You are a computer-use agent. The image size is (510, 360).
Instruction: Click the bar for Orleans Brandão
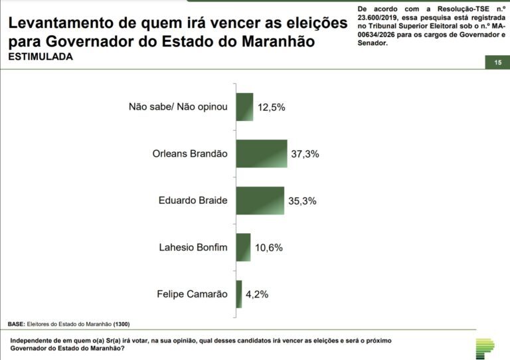(x=262, y=153)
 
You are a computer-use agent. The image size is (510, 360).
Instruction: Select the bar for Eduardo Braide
(x=260, y=201)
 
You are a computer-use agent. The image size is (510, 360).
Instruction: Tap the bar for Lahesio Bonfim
(x=244, y=247)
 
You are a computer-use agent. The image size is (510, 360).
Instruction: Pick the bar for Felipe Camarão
(x=239, y=294)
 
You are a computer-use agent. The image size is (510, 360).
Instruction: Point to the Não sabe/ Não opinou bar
(x=245, y=107)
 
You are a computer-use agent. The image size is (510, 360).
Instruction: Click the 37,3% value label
(x=305, y=154)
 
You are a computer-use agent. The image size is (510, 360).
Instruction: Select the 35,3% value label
(x=301, y=201)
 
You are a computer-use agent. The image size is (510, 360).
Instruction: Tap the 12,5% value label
(x=271, y=108)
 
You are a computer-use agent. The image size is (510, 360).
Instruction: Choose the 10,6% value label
(x=268, y=248)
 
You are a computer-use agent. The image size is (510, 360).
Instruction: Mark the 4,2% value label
(x=257, y=295)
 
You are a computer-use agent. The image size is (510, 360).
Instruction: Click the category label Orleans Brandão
(x=190, y=153)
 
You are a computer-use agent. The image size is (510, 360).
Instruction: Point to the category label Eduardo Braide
(x=193, y=201)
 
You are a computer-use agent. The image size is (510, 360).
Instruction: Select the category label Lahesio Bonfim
(x=193, y=248)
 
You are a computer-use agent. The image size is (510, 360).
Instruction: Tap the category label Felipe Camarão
(x=192, y=294)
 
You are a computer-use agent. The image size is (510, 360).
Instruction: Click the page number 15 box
(x=497, y=62)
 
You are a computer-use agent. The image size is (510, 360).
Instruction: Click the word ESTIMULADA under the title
(x=41, y=57)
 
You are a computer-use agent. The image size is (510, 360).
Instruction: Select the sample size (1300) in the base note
(x=121, y=324)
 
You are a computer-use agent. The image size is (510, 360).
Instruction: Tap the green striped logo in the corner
(x=489, y=347)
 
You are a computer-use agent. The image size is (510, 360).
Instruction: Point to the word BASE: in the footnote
(x=16, y=324)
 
